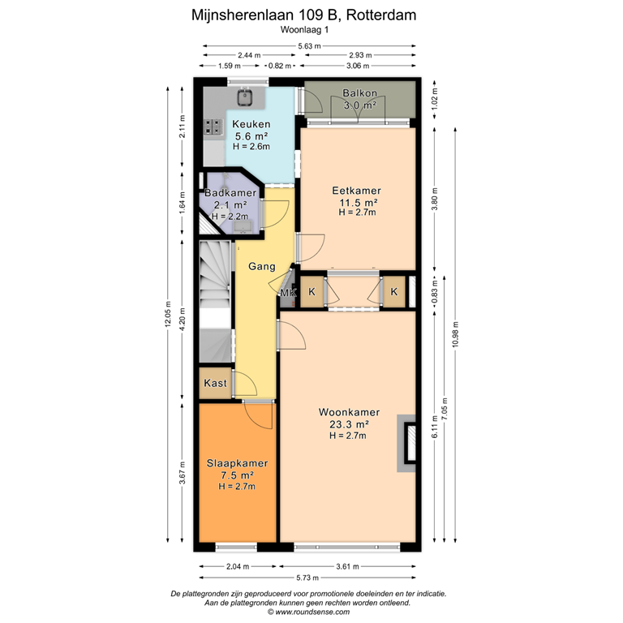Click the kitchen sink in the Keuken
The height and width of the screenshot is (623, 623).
(245, 97)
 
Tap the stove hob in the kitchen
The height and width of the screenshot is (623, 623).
(214, 127)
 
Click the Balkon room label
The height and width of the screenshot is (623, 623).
(359, 92)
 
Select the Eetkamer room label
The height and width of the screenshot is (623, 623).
(358, 191)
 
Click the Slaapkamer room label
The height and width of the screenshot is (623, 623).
(236, 463)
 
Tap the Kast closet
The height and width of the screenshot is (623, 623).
(215, 383)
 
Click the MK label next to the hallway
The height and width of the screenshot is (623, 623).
(288, 292)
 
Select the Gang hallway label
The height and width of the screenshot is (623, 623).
(261, 266)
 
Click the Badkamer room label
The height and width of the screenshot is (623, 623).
(230, 194)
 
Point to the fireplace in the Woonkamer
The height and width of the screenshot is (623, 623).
(406, 444)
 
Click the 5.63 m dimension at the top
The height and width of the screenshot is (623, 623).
(308, 45)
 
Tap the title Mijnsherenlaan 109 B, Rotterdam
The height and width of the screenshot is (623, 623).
(311, 14)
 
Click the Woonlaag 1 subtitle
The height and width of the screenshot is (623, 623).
(311, 29)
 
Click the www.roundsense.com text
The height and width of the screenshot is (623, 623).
(311, 612)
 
